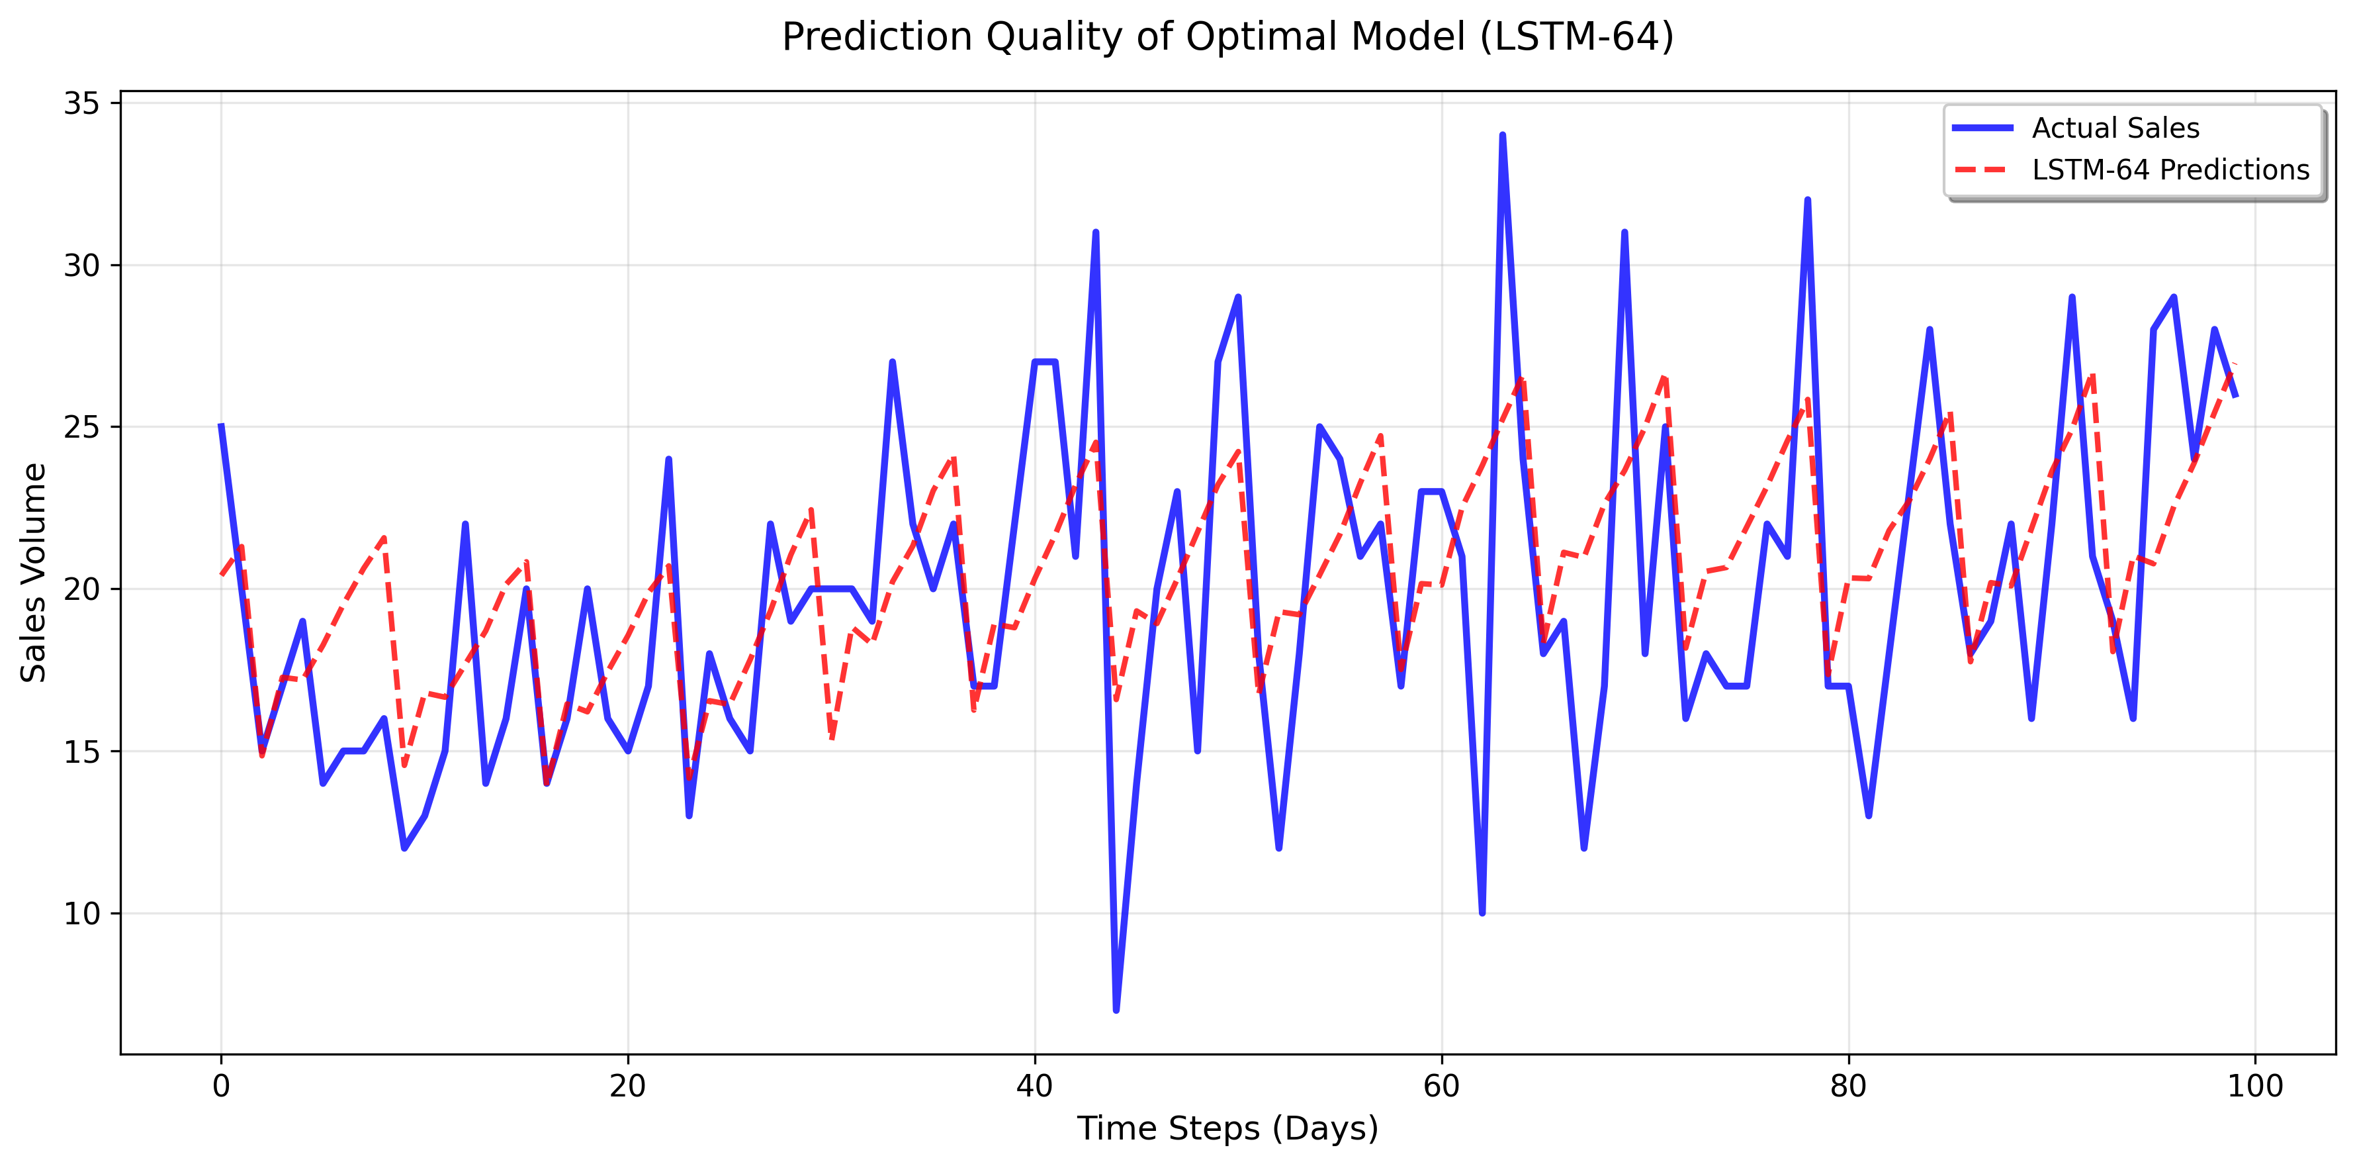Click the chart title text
point(1227,38)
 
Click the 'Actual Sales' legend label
point(2115,128)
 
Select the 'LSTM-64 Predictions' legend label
point(2170,170)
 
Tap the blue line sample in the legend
point(1982,128)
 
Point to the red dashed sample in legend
point(1982,170)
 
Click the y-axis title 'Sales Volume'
point(34,573)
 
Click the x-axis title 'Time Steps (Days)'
point(1227,1128)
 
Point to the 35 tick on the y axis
point(81,103)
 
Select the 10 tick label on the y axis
point(81,914)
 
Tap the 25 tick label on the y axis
point(81,427)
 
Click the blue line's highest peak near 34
point(1502,136)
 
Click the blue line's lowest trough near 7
point(1116,1010)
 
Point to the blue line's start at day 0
point(221,427)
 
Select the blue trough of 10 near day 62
point(1482,912)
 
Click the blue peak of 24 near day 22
point(668,460)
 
